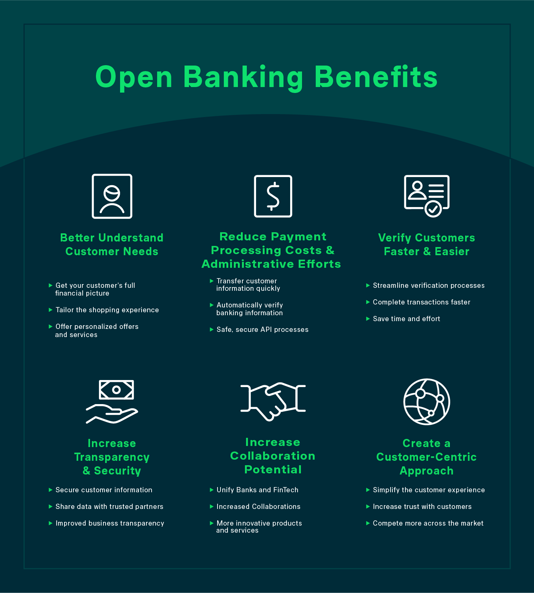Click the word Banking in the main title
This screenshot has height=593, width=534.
point(243,77)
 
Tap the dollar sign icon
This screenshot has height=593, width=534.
point(273,196)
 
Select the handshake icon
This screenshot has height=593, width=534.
point(273,401)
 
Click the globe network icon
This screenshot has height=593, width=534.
point(427,402)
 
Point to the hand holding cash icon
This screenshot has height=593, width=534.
point(112,402)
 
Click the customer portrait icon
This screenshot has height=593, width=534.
point(112,196)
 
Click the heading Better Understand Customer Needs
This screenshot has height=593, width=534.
point(112,244)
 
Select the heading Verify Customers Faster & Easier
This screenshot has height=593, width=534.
point(427,244)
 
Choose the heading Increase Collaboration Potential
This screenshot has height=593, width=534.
point(273,456)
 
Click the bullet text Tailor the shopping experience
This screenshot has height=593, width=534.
point(107,310)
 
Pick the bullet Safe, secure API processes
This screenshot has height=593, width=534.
point(262,330)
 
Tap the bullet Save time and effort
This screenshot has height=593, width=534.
point(407,319)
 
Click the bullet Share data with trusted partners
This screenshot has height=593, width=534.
point(109,507)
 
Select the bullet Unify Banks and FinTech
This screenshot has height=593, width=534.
point(258,490)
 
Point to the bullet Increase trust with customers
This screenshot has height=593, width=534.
point(422,507)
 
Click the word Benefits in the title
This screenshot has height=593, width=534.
point(376,77)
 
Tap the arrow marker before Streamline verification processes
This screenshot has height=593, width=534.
point(368,286)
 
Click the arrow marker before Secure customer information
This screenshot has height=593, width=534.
point(50,490)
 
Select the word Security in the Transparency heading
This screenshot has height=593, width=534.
point(117,471)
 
